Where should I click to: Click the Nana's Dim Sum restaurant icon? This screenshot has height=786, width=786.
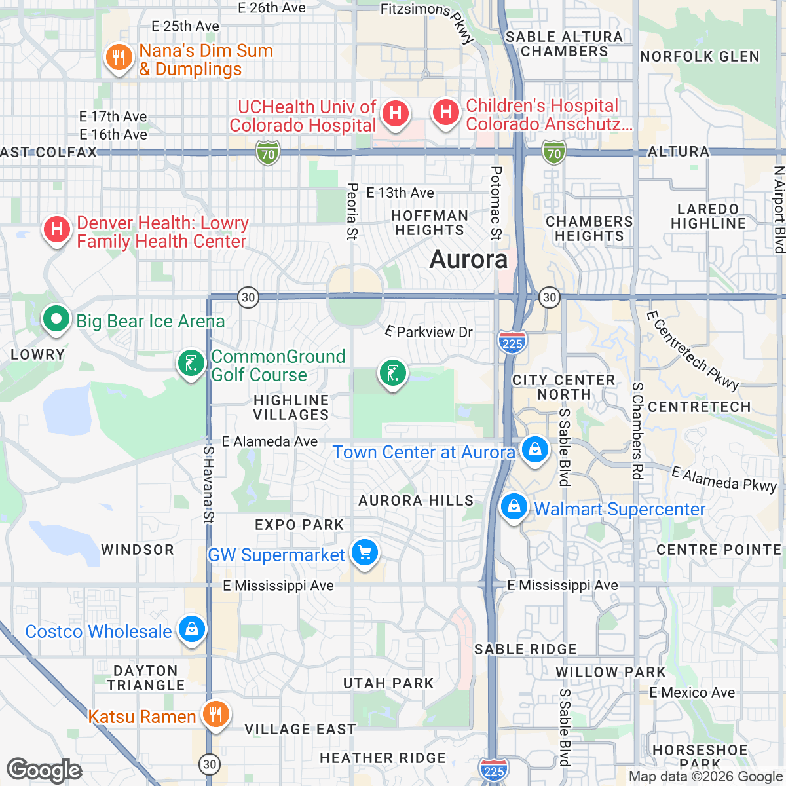coord(119,58)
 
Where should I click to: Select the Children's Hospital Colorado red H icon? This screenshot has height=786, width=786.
coord(446,112)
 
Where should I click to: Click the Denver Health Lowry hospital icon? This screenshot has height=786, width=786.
coord(57,230)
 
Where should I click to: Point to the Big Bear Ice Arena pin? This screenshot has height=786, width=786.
coord(56,320)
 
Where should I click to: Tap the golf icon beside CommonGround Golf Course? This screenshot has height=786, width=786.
coord(191,363)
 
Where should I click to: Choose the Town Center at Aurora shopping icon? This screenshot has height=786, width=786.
coord(535,450)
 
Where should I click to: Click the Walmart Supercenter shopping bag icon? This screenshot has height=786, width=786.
coord(514,507)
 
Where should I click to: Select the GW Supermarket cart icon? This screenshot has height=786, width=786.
coord(365,553)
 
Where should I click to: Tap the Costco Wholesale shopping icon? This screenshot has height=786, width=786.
coord(191,629)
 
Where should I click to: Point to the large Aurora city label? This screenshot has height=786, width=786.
coord(468,259)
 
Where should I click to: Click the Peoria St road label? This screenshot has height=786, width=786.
coord(352,211)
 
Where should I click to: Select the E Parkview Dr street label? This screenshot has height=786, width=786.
coord(429,332)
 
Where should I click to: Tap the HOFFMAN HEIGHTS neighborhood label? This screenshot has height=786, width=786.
coord(430,223)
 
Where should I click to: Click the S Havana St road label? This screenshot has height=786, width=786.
coord(208,485)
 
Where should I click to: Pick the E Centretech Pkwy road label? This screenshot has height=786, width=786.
coord(692,350)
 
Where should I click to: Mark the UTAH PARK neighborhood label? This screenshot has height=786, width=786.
coord(388,683)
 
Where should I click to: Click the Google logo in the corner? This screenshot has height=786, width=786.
coord(44,770)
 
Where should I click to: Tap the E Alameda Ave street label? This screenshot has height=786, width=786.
coord(270,441)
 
